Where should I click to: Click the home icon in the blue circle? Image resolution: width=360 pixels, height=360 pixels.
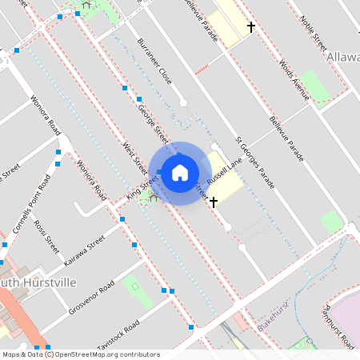click(x=179, y=172)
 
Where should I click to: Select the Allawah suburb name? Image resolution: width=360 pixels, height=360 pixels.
click(x=344, y=58)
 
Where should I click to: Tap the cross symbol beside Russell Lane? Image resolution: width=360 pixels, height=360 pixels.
click(x=214, y=202)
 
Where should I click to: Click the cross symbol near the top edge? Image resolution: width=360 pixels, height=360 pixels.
click(x=251, y=28)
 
